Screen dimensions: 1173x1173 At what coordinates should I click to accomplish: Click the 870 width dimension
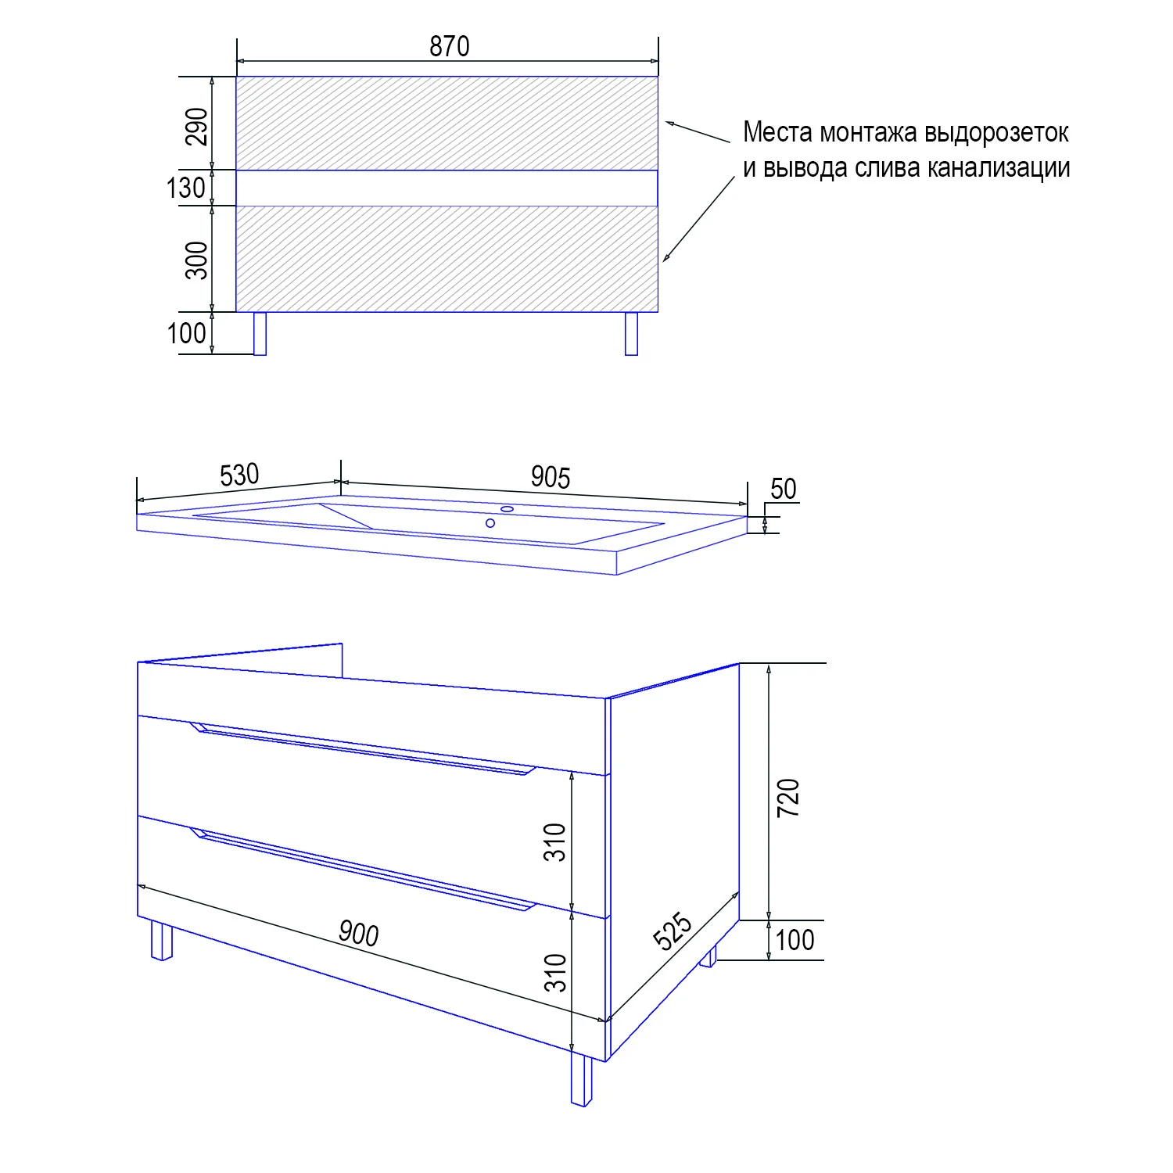(x=449, y=47)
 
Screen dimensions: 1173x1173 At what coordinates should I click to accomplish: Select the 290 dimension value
(x=197, y=127)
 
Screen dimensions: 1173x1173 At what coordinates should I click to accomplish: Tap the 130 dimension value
(x=186, y=188)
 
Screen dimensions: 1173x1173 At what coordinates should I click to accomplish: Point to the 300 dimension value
(x=197, y=260)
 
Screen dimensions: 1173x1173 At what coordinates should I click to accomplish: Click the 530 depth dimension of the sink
(x=239, y=475)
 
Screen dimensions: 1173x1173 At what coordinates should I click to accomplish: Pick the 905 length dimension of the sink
(x=551, y=477)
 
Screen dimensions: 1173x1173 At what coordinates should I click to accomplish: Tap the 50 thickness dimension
(x=783, y=489)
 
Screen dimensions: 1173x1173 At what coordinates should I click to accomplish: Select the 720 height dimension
(x=788, y=798)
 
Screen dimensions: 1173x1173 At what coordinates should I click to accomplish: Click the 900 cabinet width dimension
(x=359, y=934)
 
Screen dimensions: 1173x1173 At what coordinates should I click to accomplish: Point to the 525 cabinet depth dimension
(x=673, y=931)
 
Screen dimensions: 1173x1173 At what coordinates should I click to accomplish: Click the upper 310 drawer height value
(x=554, y=842)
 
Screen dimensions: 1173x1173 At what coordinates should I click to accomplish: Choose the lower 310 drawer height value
(x=554, y=973)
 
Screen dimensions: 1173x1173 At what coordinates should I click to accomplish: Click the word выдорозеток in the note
(x=996, y=133)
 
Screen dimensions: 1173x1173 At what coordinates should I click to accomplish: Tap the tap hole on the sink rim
(x=508, y=509)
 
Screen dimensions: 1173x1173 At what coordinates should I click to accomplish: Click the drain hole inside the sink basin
(x=490, y=523)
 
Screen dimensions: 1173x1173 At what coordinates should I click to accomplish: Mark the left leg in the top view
(x=260, y=334)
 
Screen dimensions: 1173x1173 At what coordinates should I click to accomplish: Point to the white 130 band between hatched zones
(x=447, y=188)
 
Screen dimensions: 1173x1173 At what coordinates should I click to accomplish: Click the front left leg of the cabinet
(x=161, y=941)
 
